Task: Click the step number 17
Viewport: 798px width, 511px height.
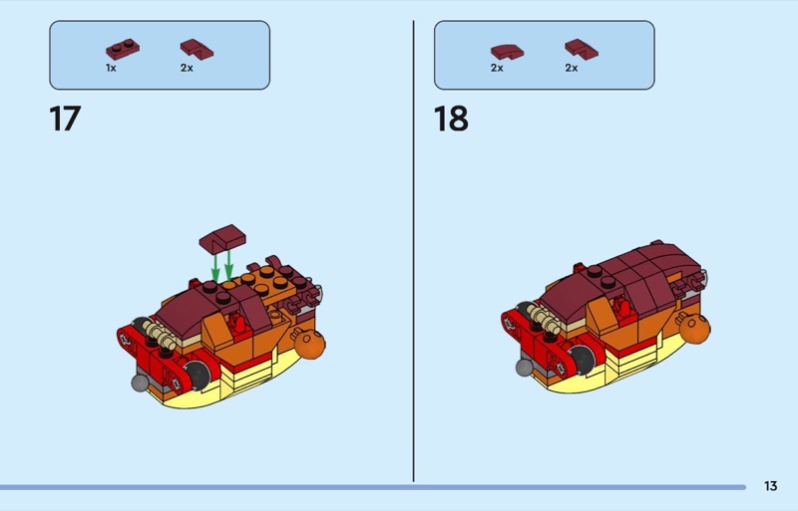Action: tap(65, 119)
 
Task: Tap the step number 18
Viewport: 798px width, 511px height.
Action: tap(451, 119)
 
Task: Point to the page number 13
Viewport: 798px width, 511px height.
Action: tap(770, 486)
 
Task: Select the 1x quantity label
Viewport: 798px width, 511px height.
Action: tap(111, 68)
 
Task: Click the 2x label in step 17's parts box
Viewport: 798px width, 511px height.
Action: tap(187, 68)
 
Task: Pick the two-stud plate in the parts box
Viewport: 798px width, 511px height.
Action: tap(123, 50)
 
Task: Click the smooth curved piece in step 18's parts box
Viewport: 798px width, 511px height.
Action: tap(507, 52)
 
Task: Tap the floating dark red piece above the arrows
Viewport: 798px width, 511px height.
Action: tap(222, 238)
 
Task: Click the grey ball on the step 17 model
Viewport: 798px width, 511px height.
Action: tap(140, 383)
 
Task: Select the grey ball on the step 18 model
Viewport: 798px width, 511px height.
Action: tap(525, 368)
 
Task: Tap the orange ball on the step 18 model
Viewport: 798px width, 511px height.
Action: tap(694, 329)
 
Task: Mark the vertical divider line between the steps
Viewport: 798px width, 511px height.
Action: tap(413, 251)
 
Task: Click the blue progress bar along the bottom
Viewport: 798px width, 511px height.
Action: tap(373, 487)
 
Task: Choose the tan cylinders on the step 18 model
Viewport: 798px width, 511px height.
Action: tap(544, 320)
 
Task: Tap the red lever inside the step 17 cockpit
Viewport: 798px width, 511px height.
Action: tap(237, 324)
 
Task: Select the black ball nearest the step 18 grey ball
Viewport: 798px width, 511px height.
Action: tap(582, 359)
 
